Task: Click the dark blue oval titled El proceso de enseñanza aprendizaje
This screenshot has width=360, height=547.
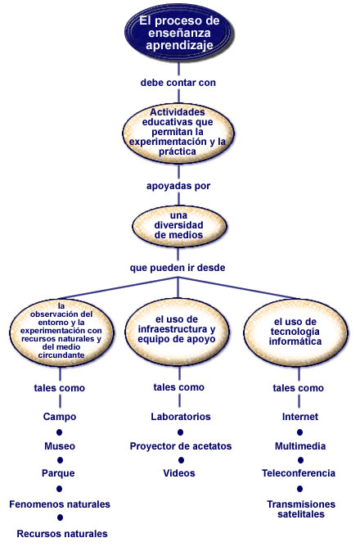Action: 179,33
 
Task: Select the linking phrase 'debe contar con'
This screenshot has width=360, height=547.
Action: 178,83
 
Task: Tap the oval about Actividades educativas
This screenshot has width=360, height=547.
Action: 178,132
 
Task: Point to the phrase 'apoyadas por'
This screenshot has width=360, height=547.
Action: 178,186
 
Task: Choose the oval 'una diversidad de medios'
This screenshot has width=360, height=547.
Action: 179,226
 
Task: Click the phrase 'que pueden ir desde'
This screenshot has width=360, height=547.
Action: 178,268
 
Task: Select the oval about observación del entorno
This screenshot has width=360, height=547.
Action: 61,331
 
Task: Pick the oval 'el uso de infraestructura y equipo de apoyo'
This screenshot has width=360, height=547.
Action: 177,329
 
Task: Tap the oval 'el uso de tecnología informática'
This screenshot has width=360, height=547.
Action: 295,332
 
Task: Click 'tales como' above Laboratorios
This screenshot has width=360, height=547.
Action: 179,387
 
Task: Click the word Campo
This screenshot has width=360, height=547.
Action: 60,417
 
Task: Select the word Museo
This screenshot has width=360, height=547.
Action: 60,446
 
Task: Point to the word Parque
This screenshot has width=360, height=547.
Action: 58,473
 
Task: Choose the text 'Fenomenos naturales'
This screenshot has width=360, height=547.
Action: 60,504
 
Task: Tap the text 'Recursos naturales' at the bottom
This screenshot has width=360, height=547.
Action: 62,534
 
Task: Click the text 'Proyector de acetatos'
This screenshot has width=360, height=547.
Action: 181,446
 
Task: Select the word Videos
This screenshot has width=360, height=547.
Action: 179,473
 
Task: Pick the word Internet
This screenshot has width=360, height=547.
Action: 300,417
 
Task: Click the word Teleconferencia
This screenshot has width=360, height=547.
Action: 299,473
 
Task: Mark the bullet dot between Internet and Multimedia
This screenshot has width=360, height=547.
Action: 299,432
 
